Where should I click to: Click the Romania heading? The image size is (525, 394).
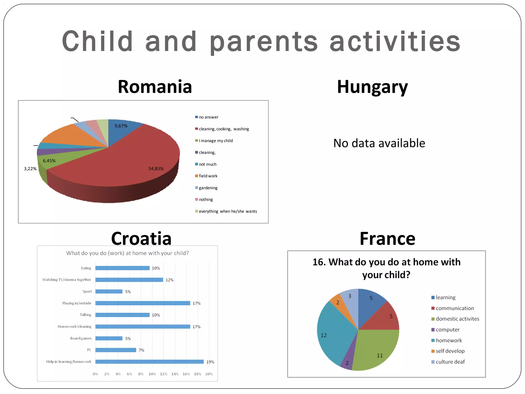point(155,87)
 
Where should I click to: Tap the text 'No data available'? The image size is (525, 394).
point(379,143)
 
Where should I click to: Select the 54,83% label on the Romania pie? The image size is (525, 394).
point(156,169)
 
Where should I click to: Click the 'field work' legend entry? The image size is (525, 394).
point(208,176)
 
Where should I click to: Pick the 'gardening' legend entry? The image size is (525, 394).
point(208,188)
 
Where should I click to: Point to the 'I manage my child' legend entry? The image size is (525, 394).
point(216,141)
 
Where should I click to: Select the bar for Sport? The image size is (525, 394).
point(109,291)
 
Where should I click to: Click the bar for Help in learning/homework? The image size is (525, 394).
point(149,362)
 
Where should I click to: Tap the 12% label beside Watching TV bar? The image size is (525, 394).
point(169,280)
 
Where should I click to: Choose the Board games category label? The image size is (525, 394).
point(81,338)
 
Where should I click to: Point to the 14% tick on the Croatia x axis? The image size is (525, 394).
point(175,374)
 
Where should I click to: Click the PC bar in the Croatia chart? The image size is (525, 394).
point(116,350)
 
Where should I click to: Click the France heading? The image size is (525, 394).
point(387,239)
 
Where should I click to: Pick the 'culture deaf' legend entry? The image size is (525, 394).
point(450,362)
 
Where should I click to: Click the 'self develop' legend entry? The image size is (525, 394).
point(450,351)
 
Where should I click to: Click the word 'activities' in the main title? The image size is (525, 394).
point(395,42)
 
